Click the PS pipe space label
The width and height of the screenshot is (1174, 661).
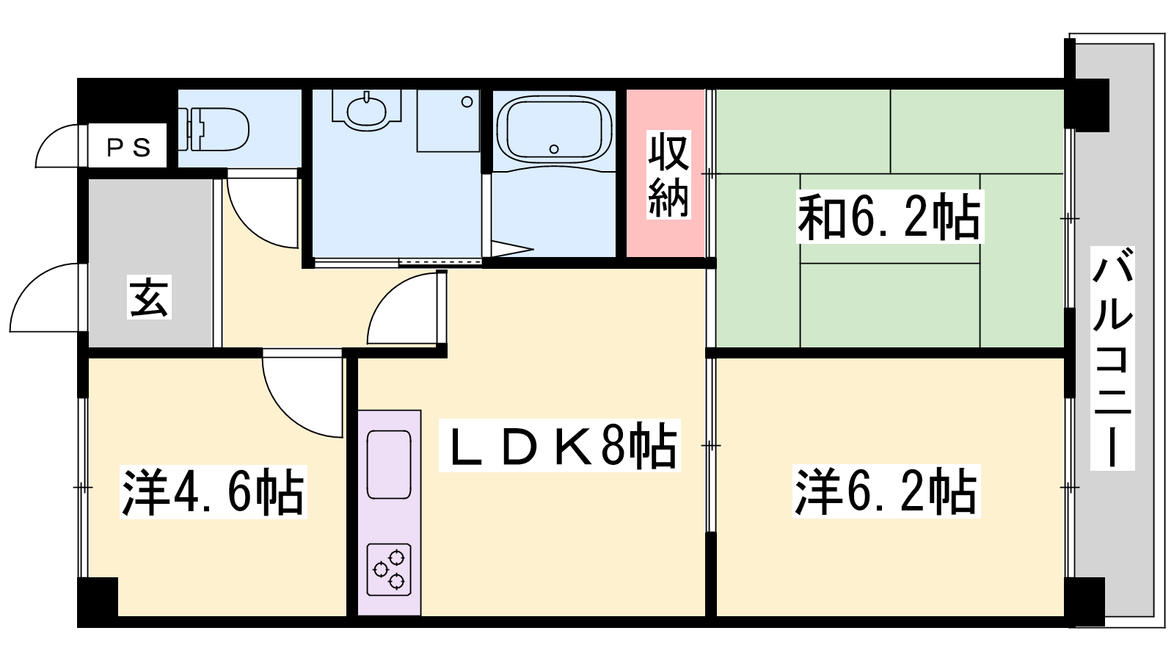point(129,148)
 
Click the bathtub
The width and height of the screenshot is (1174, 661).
point(554,129)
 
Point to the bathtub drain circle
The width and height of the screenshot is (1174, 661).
point(554,150)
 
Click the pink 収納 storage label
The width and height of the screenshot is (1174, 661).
point(668,175)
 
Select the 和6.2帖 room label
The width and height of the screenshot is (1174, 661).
point(889,217)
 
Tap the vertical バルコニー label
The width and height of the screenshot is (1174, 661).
point(1112,358)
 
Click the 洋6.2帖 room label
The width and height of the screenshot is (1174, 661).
point(886,491)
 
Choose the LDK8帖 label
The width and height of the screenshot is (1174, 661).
point(560,445)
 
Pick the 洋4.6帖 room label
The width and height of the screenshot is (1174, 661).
point(214,492)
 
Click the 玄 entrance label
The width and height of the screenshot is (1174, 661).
point(150,298)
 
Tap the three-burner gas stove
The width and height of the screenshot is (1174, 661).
point(389,570)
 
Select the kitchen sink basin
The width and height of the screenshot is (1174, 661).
point(389,464)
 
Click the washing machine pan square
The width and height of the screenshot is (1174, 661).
point(448,120)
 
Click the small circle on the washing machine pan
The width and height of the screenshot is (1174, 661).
point(467,102)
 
